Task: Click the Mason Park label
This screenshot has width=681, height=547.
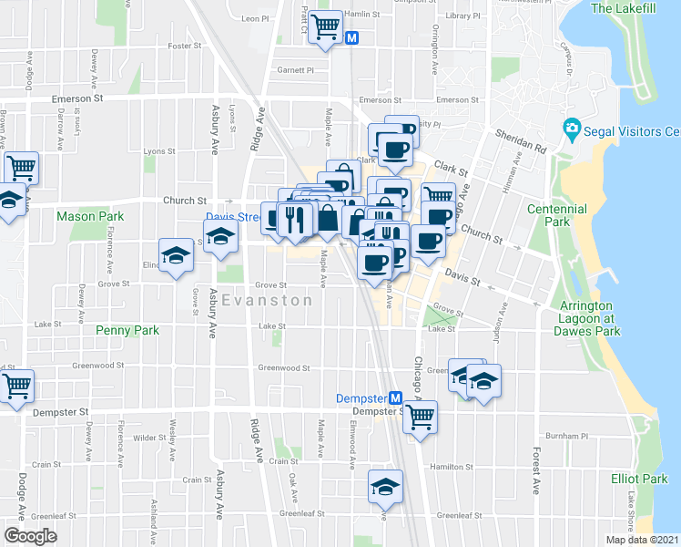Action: (89, 216)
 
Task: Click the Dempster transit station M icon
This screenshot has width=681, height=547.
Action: (396, 398)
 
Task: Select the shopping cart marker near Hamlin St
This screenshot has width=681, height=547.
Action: (325, 26)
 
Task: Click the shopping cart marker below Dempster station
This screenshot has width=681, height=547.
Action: (419, 417)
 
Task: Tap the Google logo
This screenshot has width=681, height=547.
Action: (29, 536)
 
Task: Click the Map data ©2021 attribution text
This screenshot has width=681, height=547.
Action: (642, 540)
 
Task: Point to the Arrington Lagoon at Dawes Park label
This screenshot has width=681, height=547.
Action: (590, 318)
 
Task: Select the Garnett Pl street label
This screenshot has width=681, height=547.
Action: (295, 69)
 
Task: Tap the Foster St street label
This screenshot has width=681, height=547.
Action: (184, 46)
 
